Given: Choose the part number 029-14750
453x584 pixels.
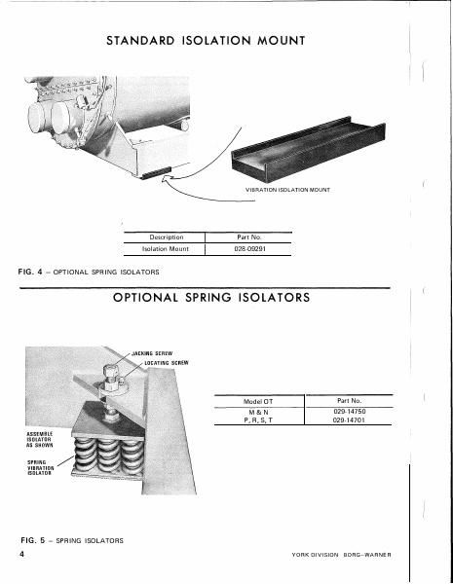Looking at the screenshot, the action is (349, 412).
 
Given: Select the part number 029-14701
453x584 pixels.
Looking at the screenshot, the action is (349, 421).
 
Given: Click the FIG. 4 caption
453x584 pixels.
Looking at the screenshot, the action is (89, 271).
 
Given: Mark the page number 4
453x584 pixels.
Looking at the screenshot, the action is (20, 553).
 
